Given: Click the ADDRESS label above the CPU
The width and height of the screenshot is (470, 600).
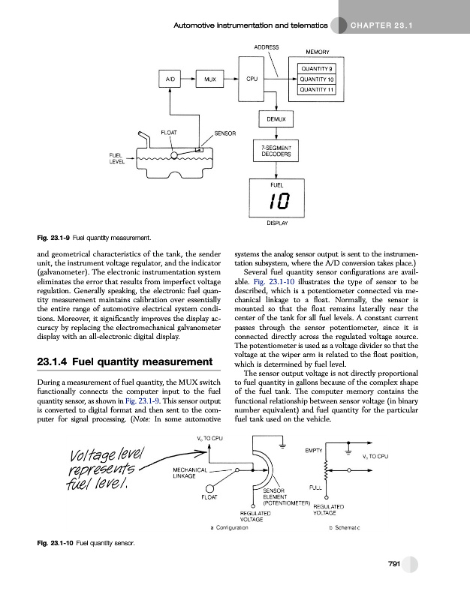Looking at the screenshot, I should (267, 46).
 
